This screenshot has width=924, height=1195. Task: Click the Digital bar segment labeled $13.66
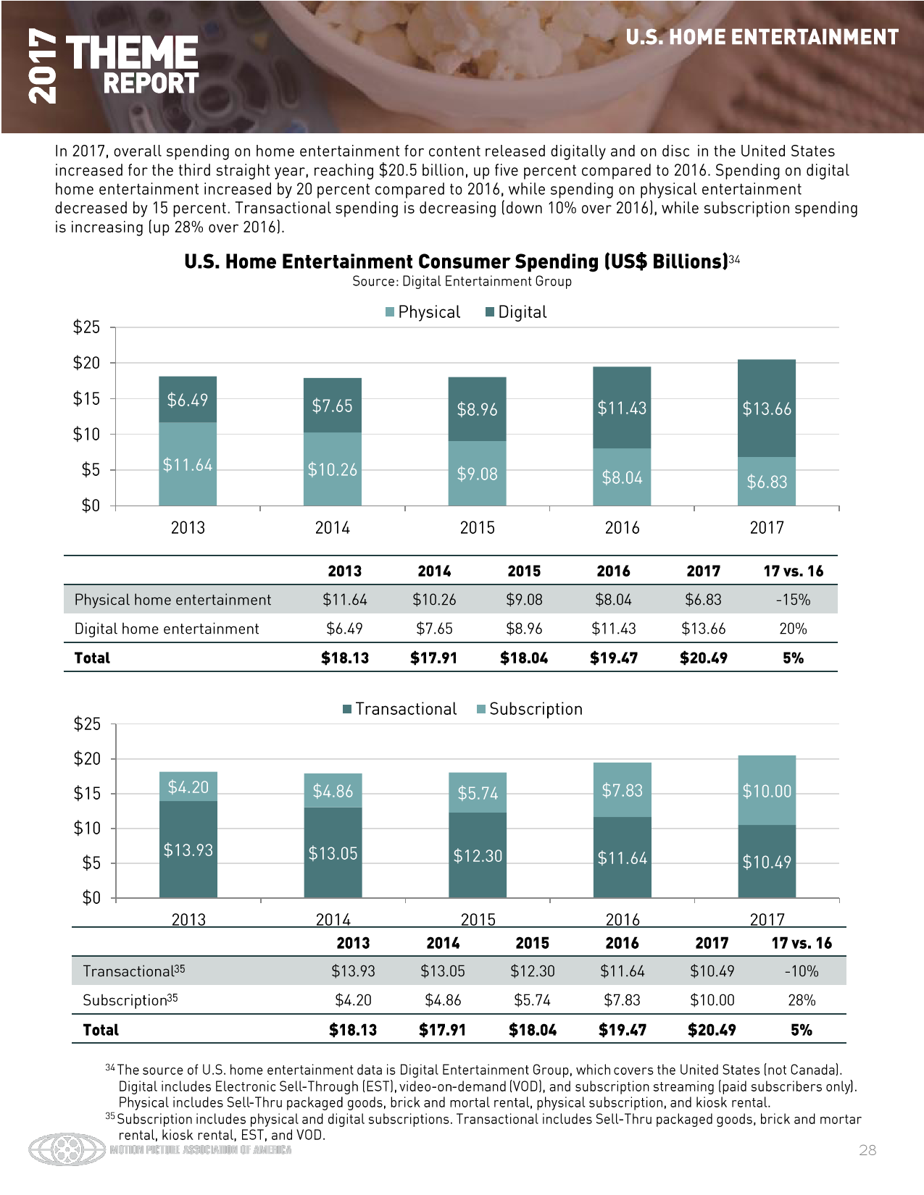click(766, 408)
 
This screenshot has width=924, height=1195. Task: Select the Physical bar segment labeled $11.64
click(188, 464)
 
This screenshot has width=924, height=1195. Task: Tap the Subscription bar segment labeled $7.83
click(622, 789)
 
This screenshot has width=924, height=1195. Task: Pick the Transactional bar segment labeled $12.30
click(478, 855)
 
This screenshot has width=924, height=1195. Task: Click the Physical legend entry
click(423, 312)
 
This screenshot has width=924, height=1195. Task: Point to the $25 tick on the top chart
click(87, 327)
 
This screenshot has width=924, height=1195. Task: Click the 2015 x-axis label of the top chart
click(477, 528)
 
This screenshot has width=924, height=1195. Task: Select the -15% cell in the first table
click(793, 600)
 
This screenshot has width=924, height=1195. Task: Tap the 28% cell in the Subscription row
click(802, 1000)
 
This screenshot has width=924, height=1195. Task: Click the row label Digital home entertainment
click(167, 629)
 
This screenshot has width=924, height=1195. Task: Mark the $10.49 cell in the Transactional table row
click(712, 971)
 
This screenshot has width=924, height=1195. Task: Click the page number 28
click(867, 1150)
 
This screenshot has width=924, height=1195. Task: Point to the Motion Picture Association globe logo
click(67, 1149)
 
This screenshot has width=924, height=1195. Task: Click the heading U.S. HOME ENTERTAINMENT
click(762, 38)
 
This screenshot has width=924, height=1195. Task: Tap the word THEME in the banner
click(132, 53)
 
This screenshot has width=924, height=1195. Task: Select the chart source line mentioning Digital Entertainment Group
click(462, 282)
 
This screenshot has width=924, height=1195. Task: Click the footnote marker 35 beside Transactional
click(180, 968)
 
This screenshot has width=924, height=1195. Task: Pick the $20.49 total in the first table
click(703, 658)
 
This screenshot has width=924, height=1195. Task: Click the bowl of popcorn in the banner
click(406, 43)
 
